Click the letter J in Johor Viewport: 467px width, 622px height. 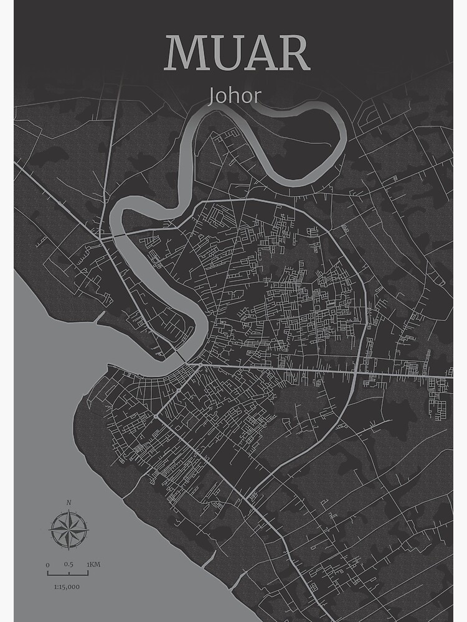tap(213, 96)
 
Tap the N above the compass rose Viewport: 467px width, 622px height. tap(68, 502)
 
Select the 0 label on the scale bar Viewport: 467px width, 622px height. tap(47, 565)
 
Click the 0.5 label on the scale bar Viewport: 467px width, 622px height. tap(68, 565)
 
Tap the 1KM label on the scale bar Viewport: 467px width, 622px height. tap(93, 565)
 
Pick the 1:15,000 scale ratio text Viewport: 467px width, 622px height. tap(67, 586)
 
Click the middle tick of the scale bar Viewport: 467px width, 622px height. tap(68, 573)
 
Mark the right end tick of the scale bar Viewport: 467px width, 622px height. tap(88, 573)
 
